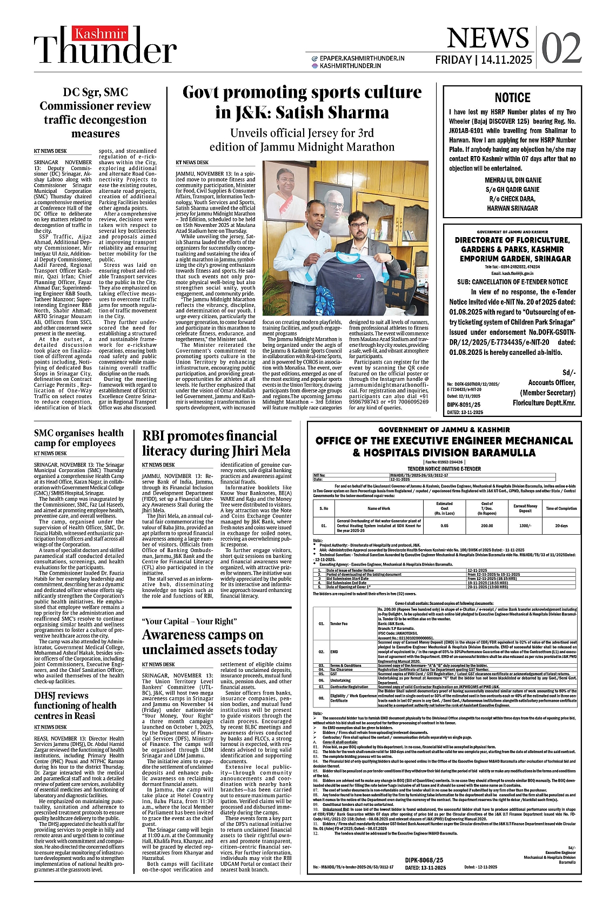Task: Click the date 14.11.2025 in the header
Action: (506, 60)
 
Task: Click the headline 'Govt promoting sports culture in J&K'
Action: (302, 102)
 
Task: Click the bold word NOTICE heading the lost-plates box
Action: (512, 98)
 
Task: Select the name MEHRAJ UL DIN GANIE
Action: (512, 180)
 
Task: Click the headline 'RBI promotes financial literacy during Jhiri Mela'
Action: (216, 443)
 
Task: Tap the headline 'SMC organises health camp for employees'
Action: (79, 437)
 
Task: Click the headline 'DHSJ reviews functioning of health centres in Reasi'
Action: (75, 705)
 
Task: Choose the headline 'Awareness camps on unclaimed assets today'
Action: (210, 642)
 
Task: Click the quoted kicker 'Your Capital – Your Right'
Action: (189, 621)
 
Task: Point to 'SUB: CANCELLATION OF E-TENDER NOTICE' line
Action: (512, 282)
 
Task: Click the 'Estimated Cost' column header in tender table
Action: (444, 508)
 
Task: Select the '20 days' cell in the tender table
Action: (561, 526)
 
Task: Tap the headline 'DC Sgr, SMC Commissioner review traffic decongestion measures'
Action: (95, 112)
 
